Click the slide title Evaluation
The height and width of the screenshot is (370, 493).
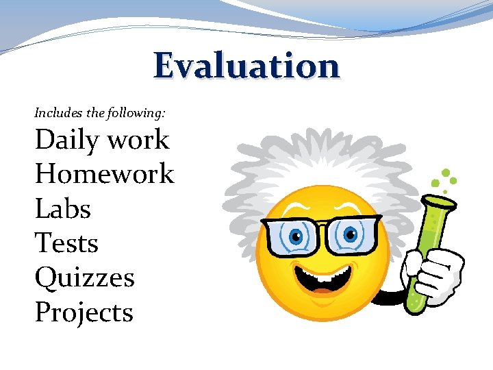tap(246, 66)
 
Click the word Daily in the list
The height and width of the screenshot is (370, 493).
tap(64, 140)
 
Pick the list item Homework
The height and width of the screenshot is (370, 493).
tap(104, 174)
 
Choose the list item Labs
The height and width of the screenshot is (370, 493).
tap(62, 209)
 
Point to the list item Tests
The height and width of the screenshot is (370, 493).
tap(66, 243)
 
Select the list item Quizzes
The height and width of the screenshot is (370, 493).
tap(84, 278)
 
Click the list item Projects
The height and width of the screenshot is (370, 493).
tap(84, 313)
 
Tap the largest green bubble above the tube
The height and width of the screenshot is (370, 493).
tap(446, 173)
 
